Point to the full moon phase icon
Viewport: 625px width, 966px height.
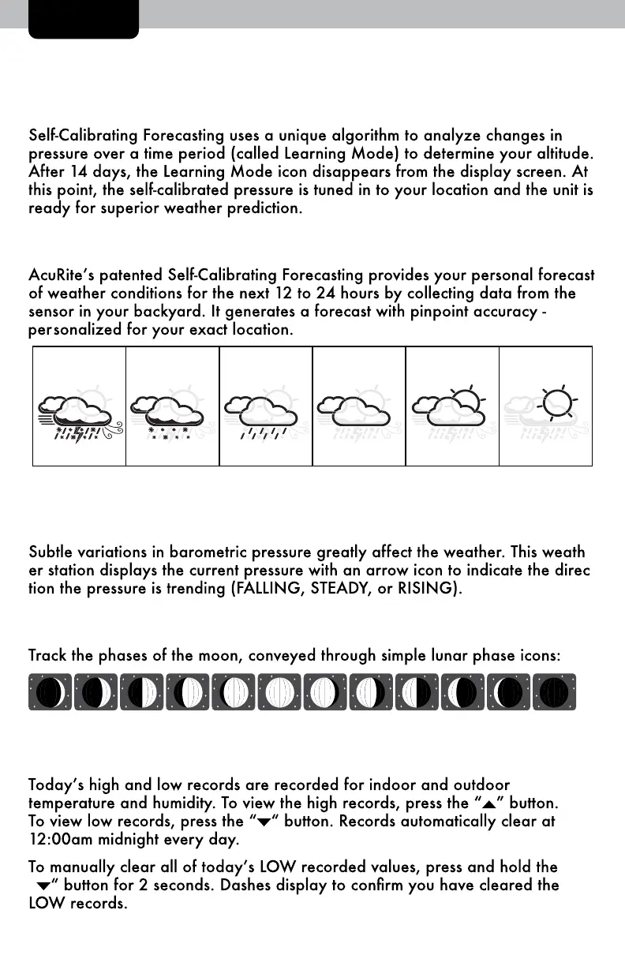(280, 692)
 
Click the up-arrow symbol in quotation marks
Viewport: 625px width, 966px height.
(488, 804)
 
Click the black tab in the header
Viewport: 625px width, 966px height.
(84, 18)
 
